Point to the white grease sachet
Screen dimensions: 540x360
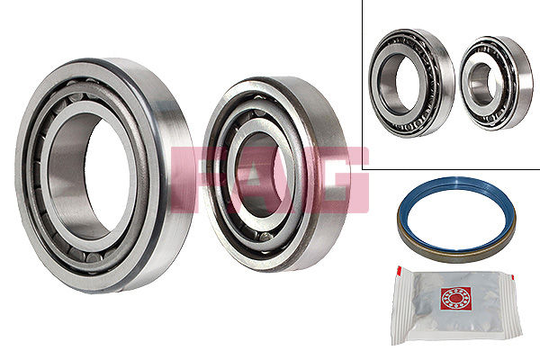coord(456,307)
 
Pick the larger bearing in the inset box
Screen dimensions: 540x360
coord(411,83)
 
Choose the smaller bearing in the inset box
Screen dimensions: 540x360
coord(496,83)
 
